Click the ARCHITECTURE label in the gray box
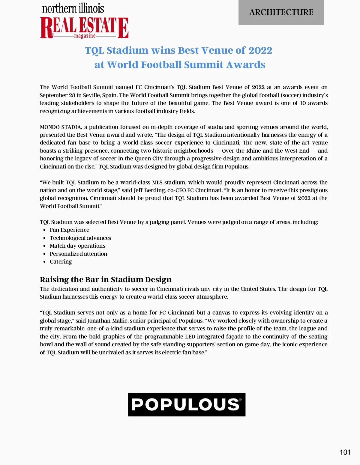coord(281,12)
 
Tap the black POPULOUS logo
coord(187,404)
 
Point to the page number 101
coord(345,452)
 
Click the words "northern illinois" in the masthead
coord(73,8)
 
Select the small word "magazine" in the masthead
coord(85,36)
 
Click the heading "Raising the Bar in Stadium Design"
coord(106,279)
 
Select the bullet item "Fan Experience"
coord(69,230)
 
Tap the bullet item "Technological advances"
coord(80,238)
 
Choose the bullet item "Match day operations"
coord(77,246)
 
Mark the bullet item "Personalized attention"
coord(78,254)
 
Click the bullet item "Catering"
coord(61,262)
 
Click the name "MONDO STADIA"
coord(60,127)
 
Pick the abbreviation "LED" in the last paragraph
coord(190,337)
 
